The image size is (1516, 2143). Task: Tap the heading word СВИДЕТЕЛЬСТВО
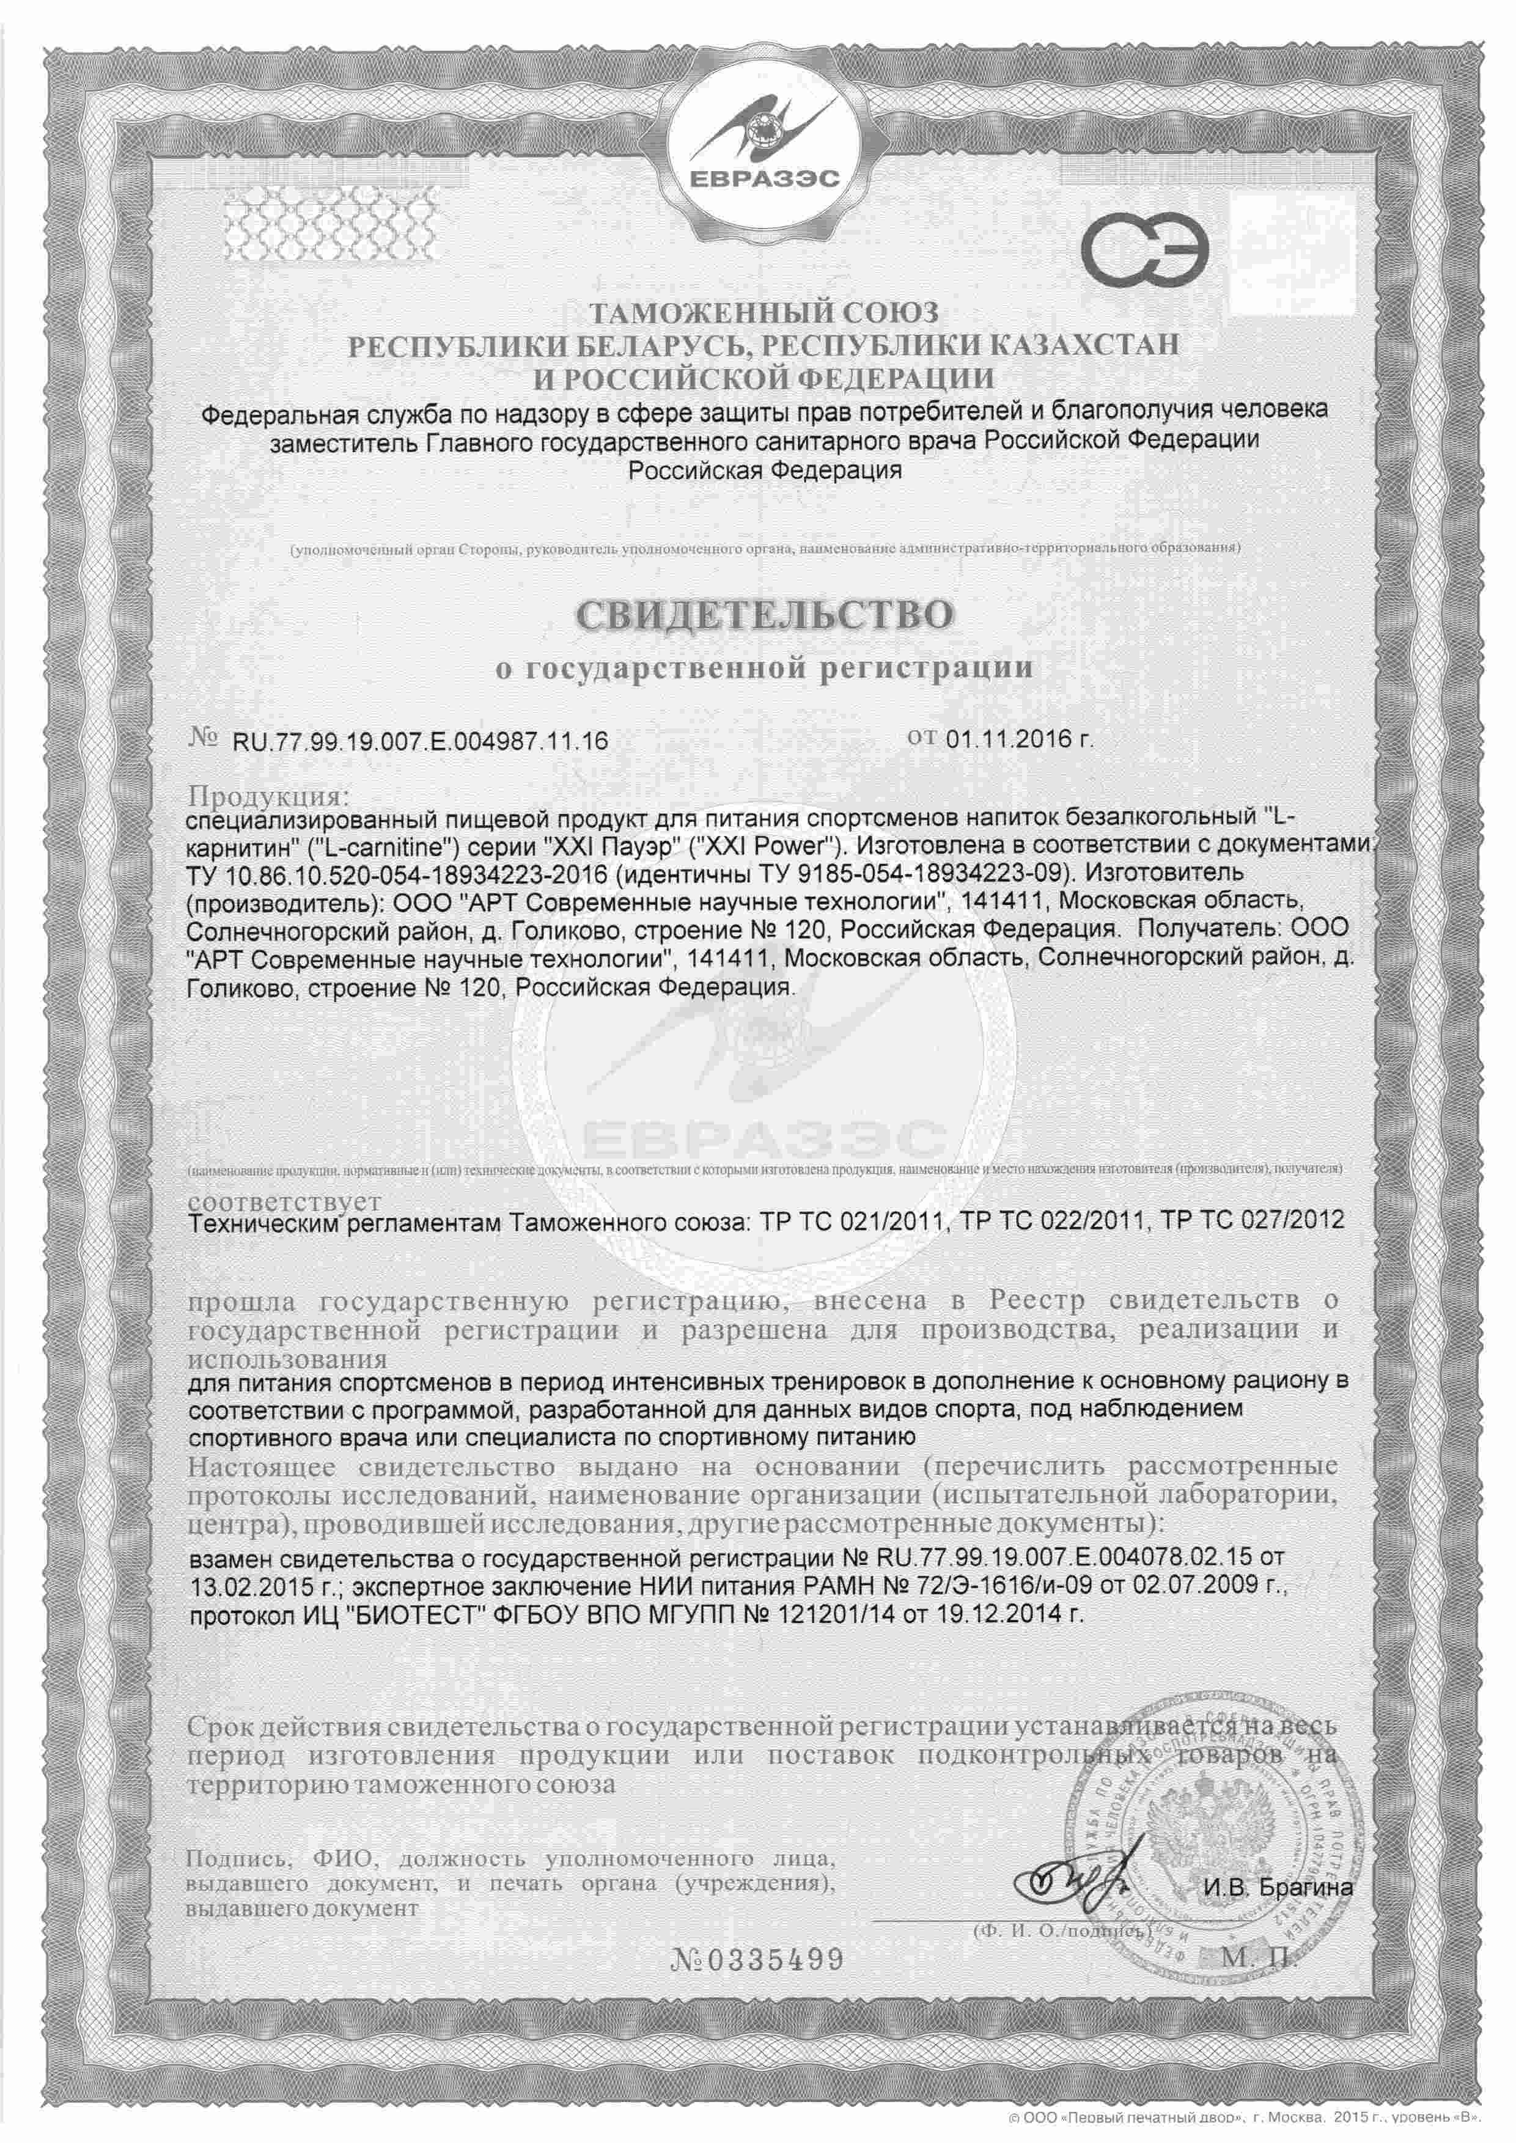765,614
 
